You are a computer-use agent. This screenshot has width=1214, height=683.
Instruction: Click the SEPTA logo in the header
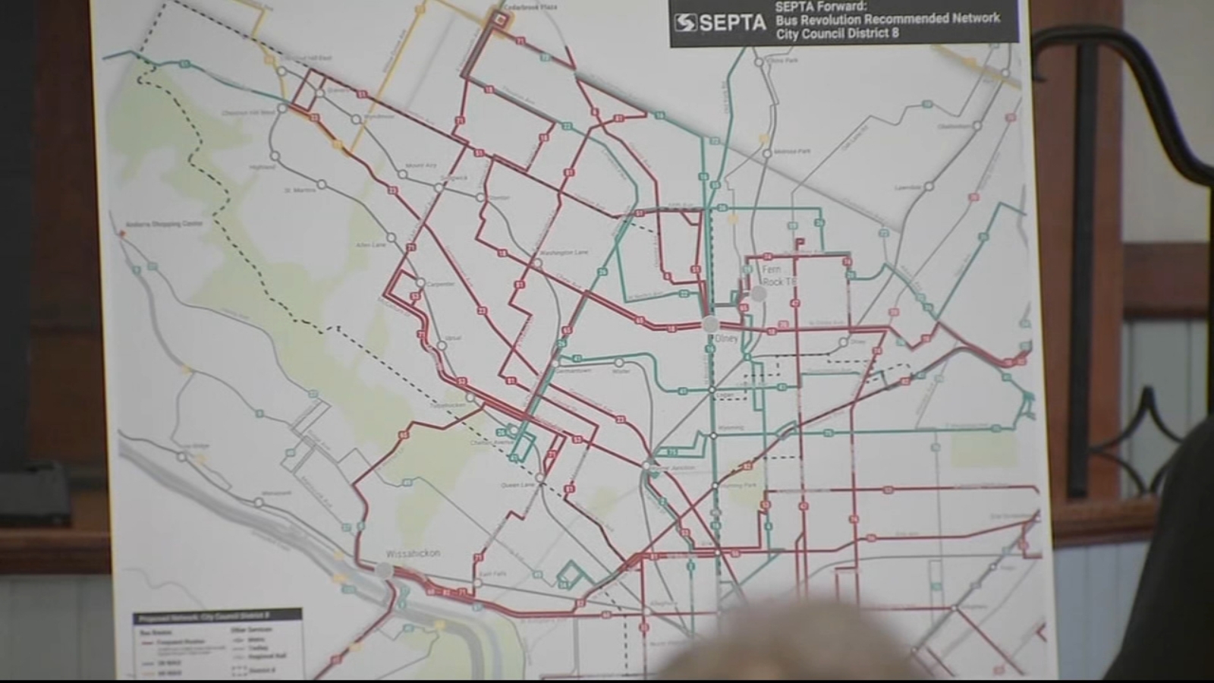tap(719, 22)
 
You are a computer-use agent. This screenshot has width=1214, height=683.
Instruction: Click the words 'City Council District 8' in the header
tap(837, 33)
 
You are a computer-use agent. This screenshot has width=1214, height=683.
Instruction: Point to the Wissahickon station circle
tap(385, 571)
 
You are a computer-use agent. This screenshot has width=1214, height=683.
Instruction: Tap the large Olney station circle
tap(711, 324)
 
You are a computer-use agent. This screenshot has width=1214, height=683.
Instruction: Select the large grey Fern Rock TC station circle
tap(758, 294)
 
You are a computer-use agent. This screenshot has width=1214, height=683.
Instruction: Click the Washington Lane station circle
tap(536, 263)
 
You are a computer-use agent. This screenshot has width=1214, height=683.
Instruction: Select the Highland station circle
tap(275, 156)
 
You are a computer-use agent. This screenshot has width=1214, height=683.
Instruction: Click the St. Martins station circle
tap(322, 184)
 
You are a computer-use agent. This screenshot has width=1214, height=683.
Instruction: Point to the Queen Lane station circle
tap(539, 478)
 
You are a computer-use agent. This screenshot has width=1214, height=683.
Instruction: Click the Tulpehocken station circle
tap(470, 398)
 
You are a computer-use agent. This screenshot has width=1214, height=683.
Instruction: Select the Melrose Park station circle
tap(766, 153)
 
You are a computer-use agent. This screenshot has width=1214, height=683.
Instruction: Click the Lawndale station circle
tap(929, 186)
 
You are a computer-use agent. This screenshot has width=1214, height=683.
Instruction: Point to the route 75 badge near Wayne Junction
tap(671, 452)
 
